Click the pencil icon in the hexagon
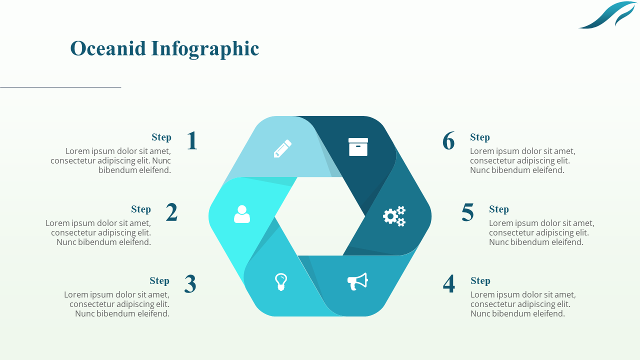click(282, 148)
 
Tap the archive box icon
click(358, 147)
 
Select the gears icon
click(394, 216)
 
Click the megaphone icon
click(357, 281)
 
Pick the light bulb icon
click(281, 282)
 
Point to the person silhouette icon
click(242, 214)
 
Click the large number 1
click(192, 141)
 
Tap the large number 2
click(171, 212)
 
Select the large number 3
click(190, 284)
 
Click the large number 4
click(449, 284)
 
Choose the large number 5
click(467, 212)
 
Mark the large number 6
click(448, 141)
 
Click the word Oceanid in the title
click(108, 48)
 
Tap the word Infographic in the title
click(205, 48)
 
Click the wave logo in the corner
click(607, 15)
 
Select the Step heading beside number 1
click(161, 137)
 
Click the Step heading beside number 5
click(499, 209)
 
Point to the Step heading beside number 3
click(159, 280)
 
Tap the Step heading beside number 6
click(480, 137)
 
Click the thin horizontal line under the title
click(60, 87)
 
